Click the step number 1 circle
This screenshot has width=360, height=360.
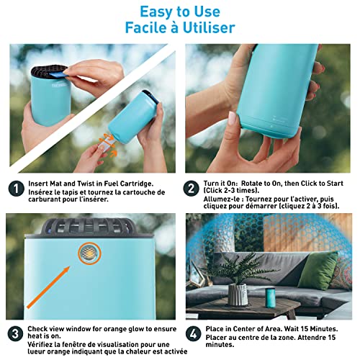point(17,189)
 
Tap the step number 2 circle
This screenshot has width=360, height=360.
point(192,189)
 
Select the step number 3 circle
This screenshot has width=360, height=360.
point(15,334)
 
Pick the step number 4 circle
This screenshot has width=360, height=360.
point(194,334)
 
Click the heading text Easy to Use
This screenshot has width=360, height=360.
point(180,12)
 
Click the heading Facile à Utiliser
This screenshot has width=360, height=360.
point(180,27)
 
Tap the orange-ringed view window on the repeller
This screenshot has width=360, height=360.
point(89,253)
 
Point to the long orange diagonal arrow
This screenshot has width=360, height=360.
point(48,287)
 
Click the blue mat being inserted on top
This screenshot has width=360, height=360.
point(57,75)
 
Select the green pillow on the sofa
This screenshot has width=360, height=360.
point(318,271)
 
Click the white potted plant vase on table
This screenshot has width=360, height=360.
point(238,294)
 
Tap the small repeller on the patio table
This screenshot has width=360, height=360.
point(271,297)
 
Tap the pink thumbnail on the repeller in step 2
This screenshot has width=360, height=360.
point(232,118)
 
